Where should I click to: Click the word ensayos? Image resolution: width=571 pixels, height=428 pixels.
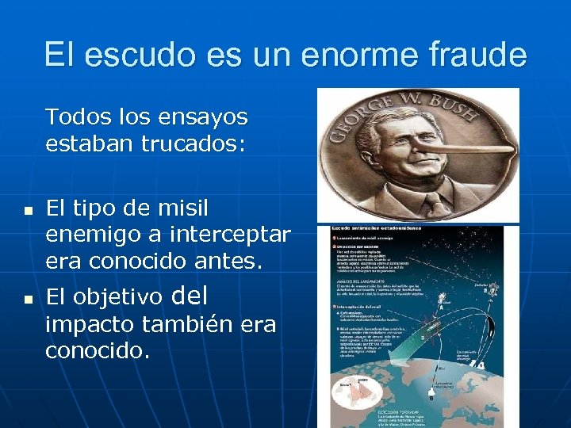click(x=204, y=117)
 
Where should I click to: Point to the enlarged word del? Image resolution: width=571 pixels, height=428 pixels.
click(x=189, y=296)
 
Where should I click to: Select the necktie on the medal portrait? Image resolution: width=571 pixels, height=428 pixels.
click(x=436, y=208)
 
